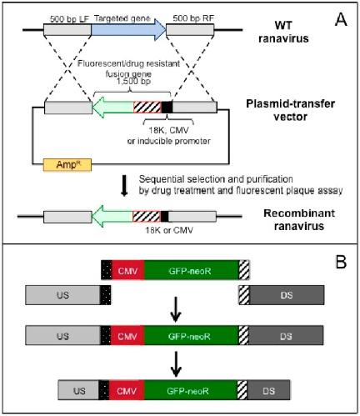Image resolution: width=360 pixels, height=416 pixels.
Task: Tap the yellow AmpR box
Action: (x=67, y=165)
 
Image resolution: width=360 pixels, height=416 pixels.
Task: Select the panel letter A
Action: (x=341, y=20)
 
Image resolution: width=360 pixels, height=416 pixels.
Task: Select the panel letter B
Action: (x=341, y=262)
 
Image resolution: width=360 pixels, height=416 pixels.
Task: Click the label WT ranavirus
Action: (x=283, y=32)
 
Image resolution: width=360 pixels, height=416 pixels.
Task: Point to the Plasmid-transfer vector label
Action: (x=290, y=110)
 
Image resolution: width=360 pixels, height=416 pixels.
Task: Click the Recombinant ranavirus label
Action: (x=299, y=219)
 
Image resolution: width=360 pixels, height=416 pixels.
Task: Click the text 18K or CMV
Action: (x=169, y=230)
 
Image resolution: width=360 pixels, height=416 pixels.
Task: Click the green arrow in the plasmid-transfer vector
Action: (x=112, y=108)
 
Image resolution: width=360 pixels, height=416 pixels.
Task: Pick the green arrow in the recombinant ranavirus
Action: (x=112, y=216)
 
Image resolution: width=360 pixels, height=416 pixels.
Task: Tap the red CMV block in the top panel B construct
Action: (x=127, y=271)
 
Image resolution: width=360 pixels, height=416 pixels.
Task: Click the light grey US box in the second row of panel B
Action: (x=62, y=295)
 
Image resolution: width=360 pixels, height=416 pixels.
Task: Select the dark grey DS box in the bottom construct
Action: (x=268, y=390)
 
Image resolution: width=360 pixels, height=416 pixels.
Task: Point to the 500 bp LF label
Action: (x=69, y=19)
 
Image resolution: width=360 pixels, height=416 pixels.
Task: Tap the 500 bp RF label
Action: (x=193, y=18)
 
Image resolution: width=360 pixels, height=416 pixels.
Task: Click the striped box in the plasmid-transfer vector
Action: (x=147, y=108)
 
